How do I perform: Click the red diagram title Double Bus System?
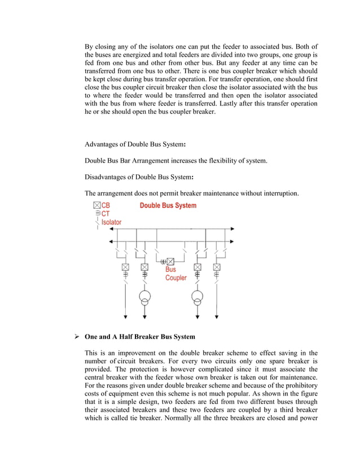(x=168, y=205)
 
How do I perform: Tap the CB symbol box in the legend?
(x=97, y=205)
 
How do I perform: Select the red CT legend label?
(x=106, y=214)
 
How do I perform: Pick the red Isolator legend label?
(x=111, y=222)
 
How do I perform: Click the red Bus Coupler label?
(x=175, y=274)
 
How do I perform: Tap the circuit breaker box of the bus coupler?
(x=170, y=261)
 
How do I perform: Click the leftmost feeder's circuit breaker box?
(x=125, y=267)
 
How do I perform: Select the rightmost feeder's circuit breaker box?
(x=217, y=267)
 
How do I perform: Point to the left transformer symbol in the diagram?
(x=144, y=298)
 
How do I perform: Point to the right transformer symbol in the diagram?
(x=197, y=298)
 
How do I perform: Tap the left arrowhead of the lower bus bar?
(x=104, y=241)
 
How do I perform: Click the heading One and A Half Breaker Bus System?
(x=140, y=337)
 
